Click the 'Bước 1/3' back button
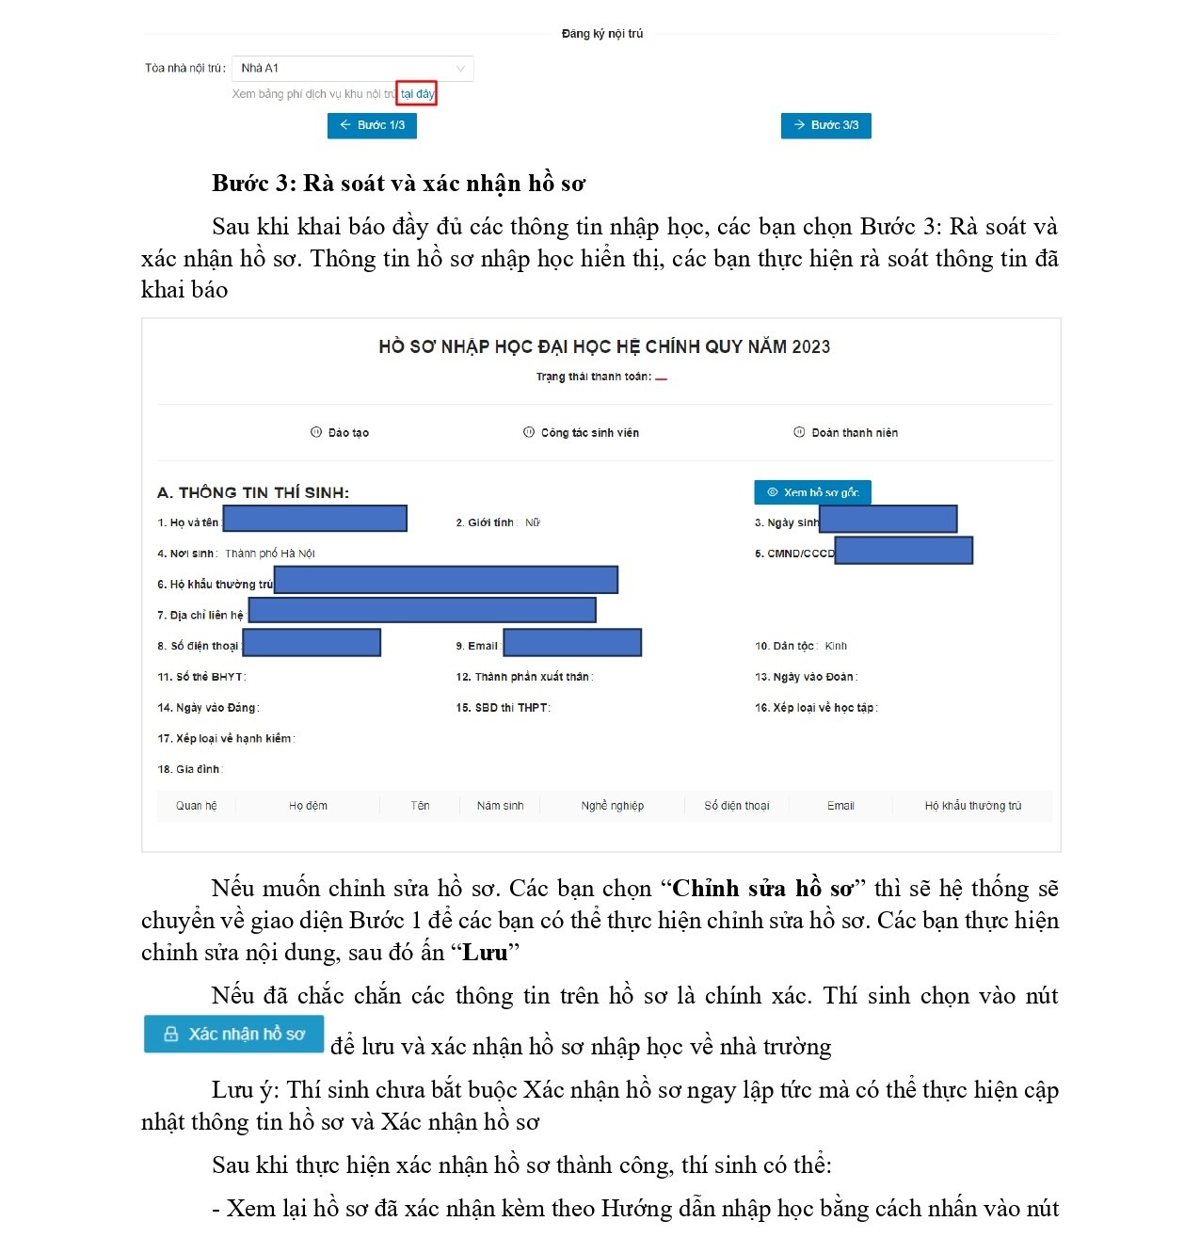[x=372, y=125]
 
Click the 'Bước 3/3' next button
[x=825, y=125]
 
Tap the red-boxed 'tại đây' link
[x=417, y=94]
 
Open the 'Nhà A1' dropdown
[x=352, y=68]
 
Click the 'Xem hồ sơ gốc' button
[x=812, y=492]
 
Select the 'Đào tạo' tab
[x=340, y=433]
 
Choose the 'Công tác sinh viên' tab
[x=581, y=433]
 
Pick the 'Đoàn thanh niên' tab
[x=845, y=433]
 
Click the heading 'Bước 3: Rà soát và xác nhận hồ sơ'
[x=398, y=184]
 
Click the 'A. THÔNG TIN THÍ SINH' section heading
[x=253, y=492]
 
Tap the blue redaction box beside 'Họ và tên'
[x=314, y=519]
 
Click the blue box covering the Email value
[x=572, y=643]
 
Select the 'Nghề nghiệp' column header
[x=613, y=806]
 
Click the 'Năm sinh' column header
[x=500, y=806]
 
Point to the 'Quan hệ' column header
[x=196, y=806]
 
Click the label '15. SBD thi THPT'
[x=502, y=708]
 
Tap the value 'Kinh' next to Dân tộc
[x=836, y=646]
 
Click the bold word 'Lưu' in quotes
[x=485, y=953]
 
